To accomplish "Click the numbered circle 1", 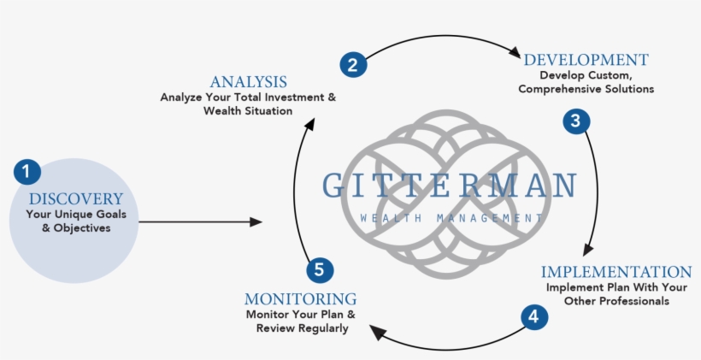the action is pos(27,171).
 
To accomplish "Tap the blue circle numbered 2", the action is pos(353,64).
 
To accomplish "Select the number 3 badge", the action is pos(576,121).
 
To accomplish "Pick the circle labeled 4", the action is pos(534,316).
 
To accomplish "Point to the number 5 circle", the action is pos(320,269).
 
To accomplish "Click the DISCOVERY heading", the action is pos(76,199).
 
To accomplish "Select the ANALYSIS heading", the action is pos(249,82).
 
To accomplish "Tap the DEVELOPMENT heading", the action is pos(586,60).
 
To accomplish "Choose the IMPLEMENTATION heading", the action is pos(616,272).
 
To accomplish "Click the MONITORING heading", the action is pos(300,298).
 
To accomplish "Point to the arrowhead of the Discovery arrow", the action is pos(256,221).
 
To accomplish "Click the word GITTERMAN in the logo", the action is pos(450,186).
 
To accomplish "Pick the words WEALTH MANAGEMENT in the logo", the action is pos(451,219).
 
